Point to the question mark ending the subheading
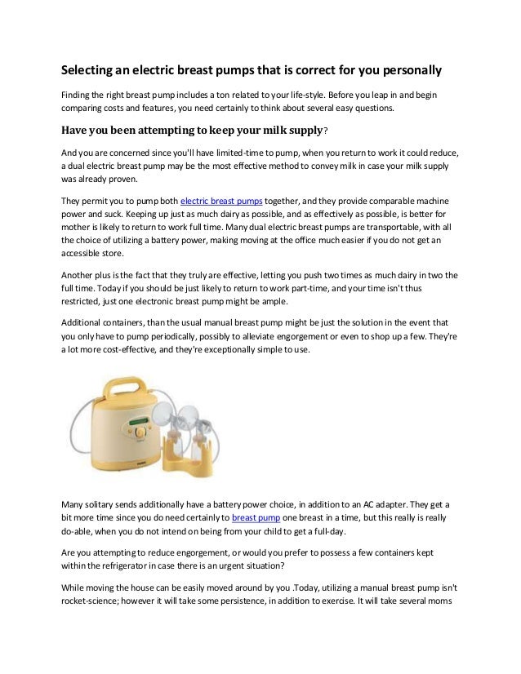pos(327,129)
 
